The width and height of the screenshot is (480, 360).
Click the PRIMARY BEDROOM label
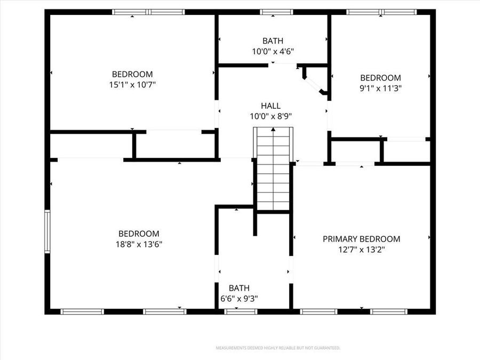coord(361,239)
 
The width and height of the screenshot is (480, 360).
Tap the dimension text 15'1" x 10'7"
coord(132,84)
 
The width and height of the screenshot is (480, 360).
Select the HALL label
coord(270,106)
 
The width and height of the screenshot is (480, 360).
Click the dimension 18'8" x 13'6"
coord(139,244)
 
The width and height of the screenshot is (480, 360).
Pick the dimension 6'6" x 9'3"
coord(239,299)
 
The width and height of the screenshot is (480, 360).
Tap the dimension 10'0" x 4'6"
coord(273,51)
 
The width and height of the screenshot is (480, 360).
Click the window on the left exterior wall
coord(47,231)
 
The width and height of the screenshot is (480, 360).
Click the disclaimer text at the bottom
coord(277,348)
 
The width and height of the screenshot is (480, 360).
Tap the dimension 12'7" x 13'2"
coord(361,250)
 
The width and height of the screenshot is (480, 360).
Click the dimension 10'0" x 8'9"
coord(270,116)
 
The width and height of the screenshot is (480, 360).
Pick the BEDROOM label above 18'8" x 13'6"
coord(139,234)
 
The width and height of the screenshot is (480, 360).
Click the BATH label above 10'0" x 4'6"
coord(273,41)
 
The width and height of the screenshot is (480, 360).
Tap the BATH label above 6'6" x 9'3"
coord(239,288)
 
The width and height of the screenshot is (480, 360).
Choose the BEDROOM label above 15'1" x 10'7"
coord(132,74)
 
